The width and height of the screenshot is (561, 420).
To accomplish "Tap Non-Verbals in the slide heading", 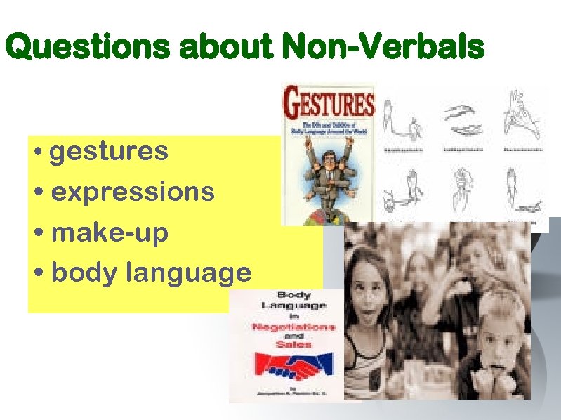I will (383, 48).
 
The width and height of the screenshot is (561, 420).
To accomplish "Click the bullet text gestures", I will (110, 152).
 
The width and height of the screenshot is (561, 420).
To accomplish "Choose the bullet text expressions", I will (133, 192).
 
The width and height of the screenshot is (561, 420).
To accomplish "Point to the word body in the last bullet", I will (84, 273).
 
